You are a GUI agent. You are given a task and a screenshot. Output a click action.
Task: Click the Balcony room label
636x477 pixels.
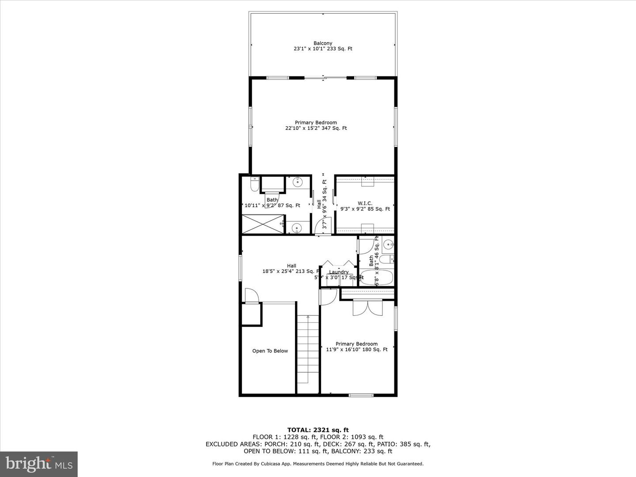(323, 43)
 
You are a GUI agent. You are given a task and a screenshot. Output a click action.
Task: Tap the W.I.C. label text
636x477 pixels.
(365, 204)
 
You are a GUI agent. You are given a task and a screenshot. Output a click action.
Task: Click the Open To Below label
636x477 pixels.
(270, 351)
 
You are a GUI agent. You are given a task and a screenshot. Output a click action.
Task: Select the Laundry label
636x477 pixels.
(339, 272)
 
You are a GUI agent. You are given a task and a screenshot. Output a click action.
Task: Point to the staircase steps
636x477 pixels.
(307, 349)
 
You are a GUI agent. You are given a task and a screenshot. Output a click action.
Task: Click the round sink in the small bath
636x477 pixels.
(388, 243)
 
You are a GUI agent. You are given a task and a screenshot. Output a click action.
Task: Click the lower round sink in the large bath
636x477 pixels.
(297, 228)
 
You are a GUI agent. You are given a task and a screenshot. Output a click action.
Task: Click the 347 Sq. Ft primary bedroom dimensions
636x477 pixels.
(316, 129)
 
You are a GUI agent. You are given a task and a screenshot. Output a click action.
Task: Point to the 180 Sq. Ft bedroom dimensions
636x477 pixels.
(356, 349)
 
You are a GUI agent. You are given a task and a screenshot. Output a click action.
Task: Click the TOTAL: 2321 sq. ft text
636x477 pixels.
(318, 430)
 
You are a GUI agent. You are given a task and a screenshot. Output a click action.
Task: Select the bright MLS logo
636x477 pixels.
(39, 464)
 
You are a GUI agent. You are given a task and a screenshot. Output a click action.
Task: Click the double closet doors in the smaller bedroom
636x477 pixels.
(367, 307)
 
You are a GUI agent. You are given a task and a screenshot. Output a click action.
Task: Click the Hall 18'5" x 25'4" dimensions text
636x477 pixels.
(291, 272)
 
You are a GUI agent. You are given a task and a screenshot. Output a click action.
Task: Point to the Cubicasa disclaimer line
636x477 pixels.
(318, 464)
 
